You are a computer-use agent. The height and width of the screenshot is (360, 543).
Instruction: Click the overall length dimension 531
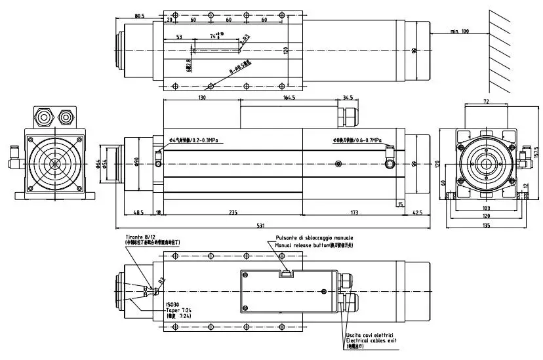point(260,226)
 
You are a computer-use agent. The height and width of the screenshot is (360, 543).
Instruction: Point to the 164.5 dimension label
point(289,97)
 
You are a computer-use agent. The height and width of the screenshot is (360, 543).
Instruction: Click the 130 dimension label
point(201,97)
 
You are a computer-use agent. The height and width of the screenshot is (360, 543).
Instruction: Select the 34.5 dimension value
point(348,97)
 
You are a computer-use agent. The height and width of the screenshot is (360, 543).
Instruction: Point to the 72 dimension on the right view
point(486,102)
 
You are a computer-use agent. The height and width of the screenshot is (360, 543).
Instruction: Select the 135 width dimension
point(486,226)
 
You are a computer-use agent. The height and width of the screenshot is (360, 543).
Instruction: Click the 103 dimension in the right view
point(486,207)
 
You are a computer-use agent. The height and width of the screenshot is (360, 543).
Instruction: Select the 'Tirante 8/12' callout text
point(142,236)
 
